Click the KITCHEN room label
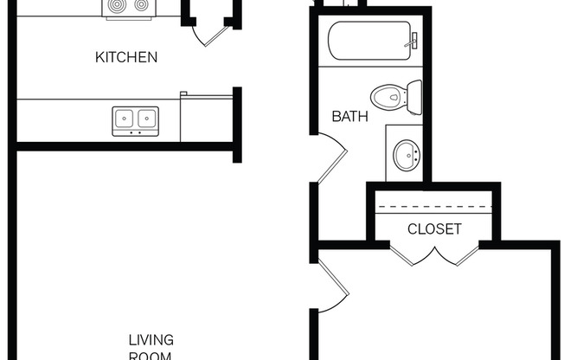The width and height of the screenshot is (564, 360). [x=126, y=58]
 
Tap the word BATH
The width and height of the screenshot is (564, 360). [x=349, y=116]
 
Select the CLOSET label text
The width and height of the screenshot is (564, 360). [x=434, y=229]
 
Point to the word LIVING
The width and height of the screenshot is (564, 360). [x=151, y=338]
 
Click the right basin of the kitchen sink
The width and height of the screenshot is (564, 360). [x=146, y=118]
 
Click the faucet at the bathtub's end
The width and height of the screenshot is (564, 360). [x=413, y=40]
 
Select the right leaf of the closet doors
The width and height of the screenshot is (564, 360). [x=458, y=254]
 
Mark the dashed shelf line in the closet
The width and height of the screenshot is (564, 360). [x=434, y=209]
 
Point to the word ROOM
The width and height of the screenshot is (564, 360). [x=151, y=355]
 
